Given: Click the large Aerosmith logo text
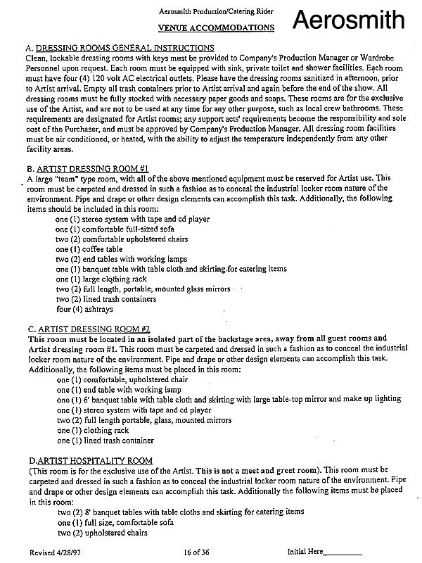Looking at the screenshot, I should [x=359, y=20].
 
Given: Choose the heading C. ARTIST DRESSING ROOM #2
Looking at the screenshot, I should [x=88, y=329].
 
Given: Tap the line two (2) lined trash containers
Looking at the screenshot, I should [x=102, y=299].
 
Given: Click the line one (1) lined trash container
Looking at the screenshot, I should [x=105, y=441].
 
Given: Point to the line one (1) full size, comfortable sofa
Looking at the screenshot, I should [x=113, y=522].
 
